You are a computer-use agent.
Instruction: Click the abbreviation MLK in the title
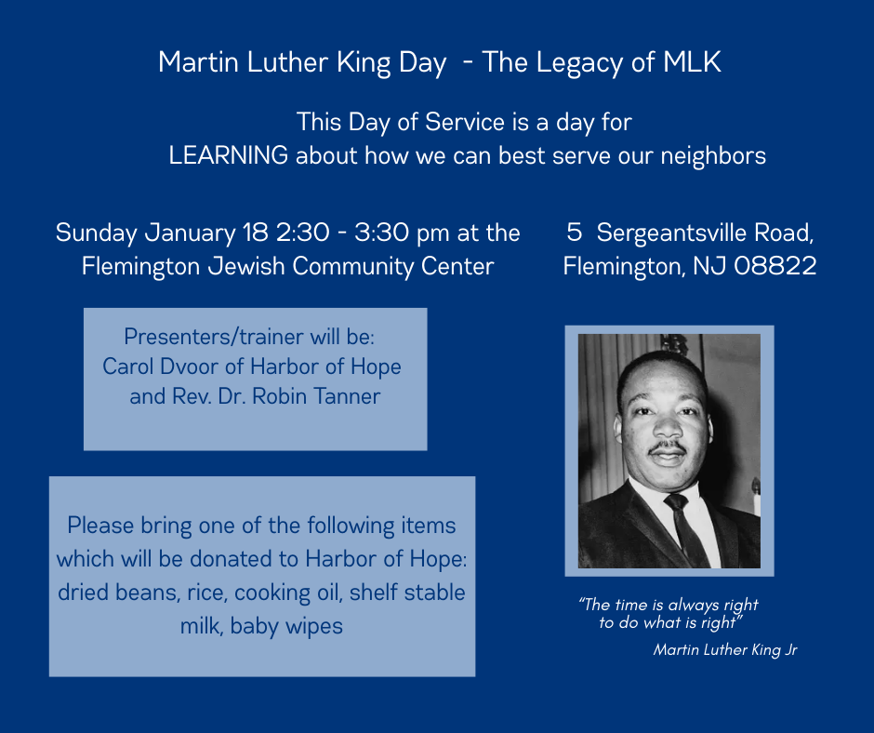[x=692, y=62]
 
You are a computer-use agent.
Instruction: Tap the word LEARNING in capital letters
[x=229, y=155]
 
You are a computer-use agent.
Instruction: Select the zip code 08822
[x=775, y=266]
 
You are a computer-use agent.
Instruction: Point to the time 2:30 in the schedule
[x=303, y=233]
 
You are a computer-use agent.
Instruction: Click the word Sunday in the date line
[x=97, y=233]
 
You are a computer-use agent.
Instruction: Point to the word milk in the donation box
[x=201, y=626]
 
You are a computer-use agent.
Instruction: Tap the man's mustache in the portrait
[x=668, y=446]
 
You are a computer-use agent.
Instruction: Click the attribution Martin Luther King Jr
[x=725, y=650]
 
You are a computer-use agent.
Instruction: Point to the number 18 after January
[x=256, y=233]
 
